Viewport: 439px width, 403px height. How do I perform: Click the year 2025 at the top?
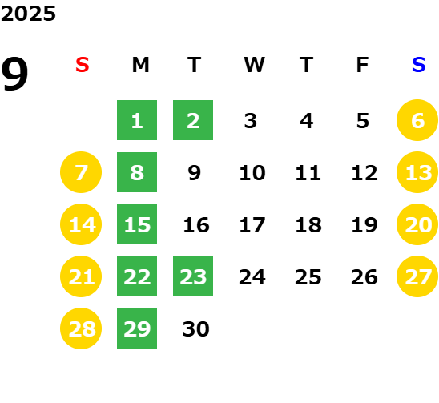[28, 14]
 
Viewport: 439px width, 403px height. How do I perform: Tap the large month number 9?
[14, 74]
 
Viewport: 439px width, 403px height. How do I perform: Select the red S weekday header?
[83, 65]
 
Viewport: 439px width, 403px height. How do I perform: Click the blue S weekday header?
[418, 65]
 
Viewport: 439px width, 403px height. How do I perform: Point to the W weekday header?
[254, 65]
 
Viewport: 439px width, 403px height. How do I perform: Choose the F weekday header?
[363, 65]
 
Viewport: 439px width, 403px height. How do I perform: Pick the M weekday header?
[140, 65]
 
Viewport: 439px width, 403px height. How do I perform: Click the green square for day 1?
[137, 120]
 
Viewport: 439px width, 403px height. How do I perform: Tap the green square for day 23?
[193, 276]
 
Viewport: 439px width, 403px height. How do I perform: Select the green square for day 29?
[137, 328]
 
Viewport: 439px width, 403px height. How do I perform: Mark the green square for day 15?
[137, 224]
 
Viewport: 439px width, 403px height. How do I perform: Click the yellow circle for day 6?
[417, 120]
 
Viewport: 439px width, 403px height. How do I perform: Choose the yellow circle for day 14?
[81, 224]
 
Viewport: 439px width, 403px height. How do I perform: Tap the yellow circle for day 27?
[417, 276]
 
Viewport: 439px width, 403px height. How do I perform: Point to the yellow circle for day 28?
[81, 328]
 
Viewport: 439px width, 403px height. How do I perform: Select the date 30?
[196, 329]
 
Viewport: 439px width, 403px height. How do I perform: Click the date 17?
[252, 225]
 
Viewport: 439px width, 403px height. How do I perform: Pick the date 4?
[307, 121]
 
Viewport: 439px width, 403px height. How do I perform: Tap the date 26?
[364, 277]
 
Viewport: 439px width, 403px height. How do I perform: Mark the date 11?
[308, 173]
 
